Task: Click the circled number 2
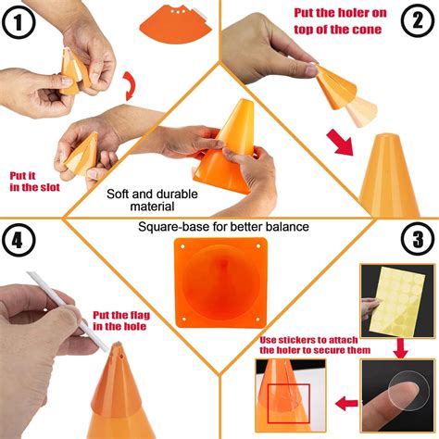point(417,21)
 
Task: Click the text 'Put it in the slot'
point(33,181)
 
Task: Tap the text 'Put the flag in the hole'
point(119,320)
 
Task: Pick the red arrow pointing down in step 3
point(400,347)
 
